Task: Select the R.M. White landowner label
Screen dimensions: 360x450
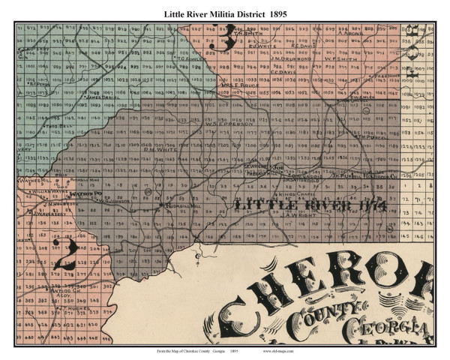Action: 154,149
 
